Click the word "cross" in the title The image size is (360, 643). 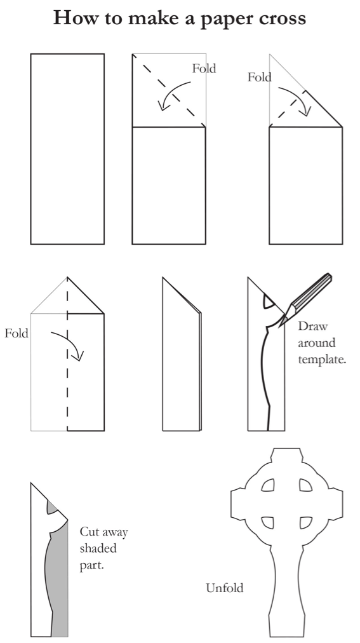(279, 18)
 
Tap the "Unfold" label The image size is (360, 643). (224, 588)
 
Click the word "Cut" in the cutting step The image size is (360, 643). (89, 532)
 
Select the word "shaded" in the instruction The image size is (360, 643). (98, 548)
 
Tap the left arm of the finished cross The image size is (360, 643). (240, 506)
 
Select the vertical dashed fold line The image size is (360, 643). (67, 381)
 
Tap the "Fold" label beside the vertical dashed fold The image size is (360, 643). (17, 333)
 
